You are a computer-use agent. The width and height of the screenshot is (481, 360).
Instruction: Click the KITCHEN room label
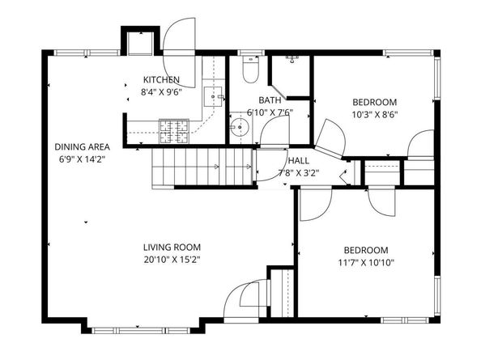(x=161, y=79)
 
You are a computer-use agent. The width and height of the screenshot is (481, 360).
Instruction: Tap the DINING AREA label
(x=82, y=146)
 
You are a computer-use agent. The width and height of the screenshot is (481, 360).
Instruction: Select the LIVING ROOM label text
(x=172, y=247)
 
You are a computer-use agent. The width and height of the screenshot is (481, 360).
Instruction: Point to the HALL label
(x=299, y=160)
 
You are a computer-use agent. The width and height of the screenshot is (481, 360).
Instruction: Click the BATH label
(x=270, y=100)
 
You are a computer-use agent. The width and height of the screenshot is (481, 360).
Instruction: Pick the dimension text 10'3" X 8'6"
(x=375, y=115)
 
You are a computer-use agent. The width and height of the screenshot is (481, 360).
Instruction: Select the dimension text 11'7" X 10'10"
(x=366, y=263)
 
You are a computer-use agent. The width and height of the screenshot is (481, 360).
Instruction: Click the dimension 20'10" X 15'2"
(x=172, y=260)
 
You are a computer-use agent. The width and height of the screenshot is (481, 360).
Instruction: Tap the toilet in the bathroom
(x=251, y=70)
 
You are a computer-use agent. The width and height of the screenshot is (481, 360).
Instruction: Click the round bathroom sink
(x=239, y=126)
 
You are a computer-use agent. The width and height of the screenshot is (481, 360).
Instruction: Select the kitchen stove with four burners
(x=174, y=131)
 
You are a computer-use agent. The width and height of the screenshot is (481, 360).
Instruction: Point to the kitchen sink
(x=213, y=96)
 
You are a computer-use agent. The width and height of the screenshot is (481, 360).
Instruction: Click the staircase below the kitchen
(x=202, y=167)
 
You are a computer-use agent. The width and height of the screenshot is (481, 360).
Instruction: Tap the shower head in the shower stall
(x=292, y=59)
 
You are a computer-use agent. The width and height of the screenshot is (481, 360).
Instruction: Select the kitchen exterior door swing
(x=179, y=53)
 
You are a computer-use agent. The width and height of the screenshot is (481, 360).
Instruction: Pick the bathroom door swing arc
(x=275, y=131)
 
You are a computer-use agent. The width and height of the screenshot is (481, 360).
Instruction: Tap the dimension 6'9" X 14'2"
(x=82, y=159)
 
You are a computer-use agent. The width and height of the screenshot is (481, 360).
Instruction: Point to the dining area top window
(x=87, y=53)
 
